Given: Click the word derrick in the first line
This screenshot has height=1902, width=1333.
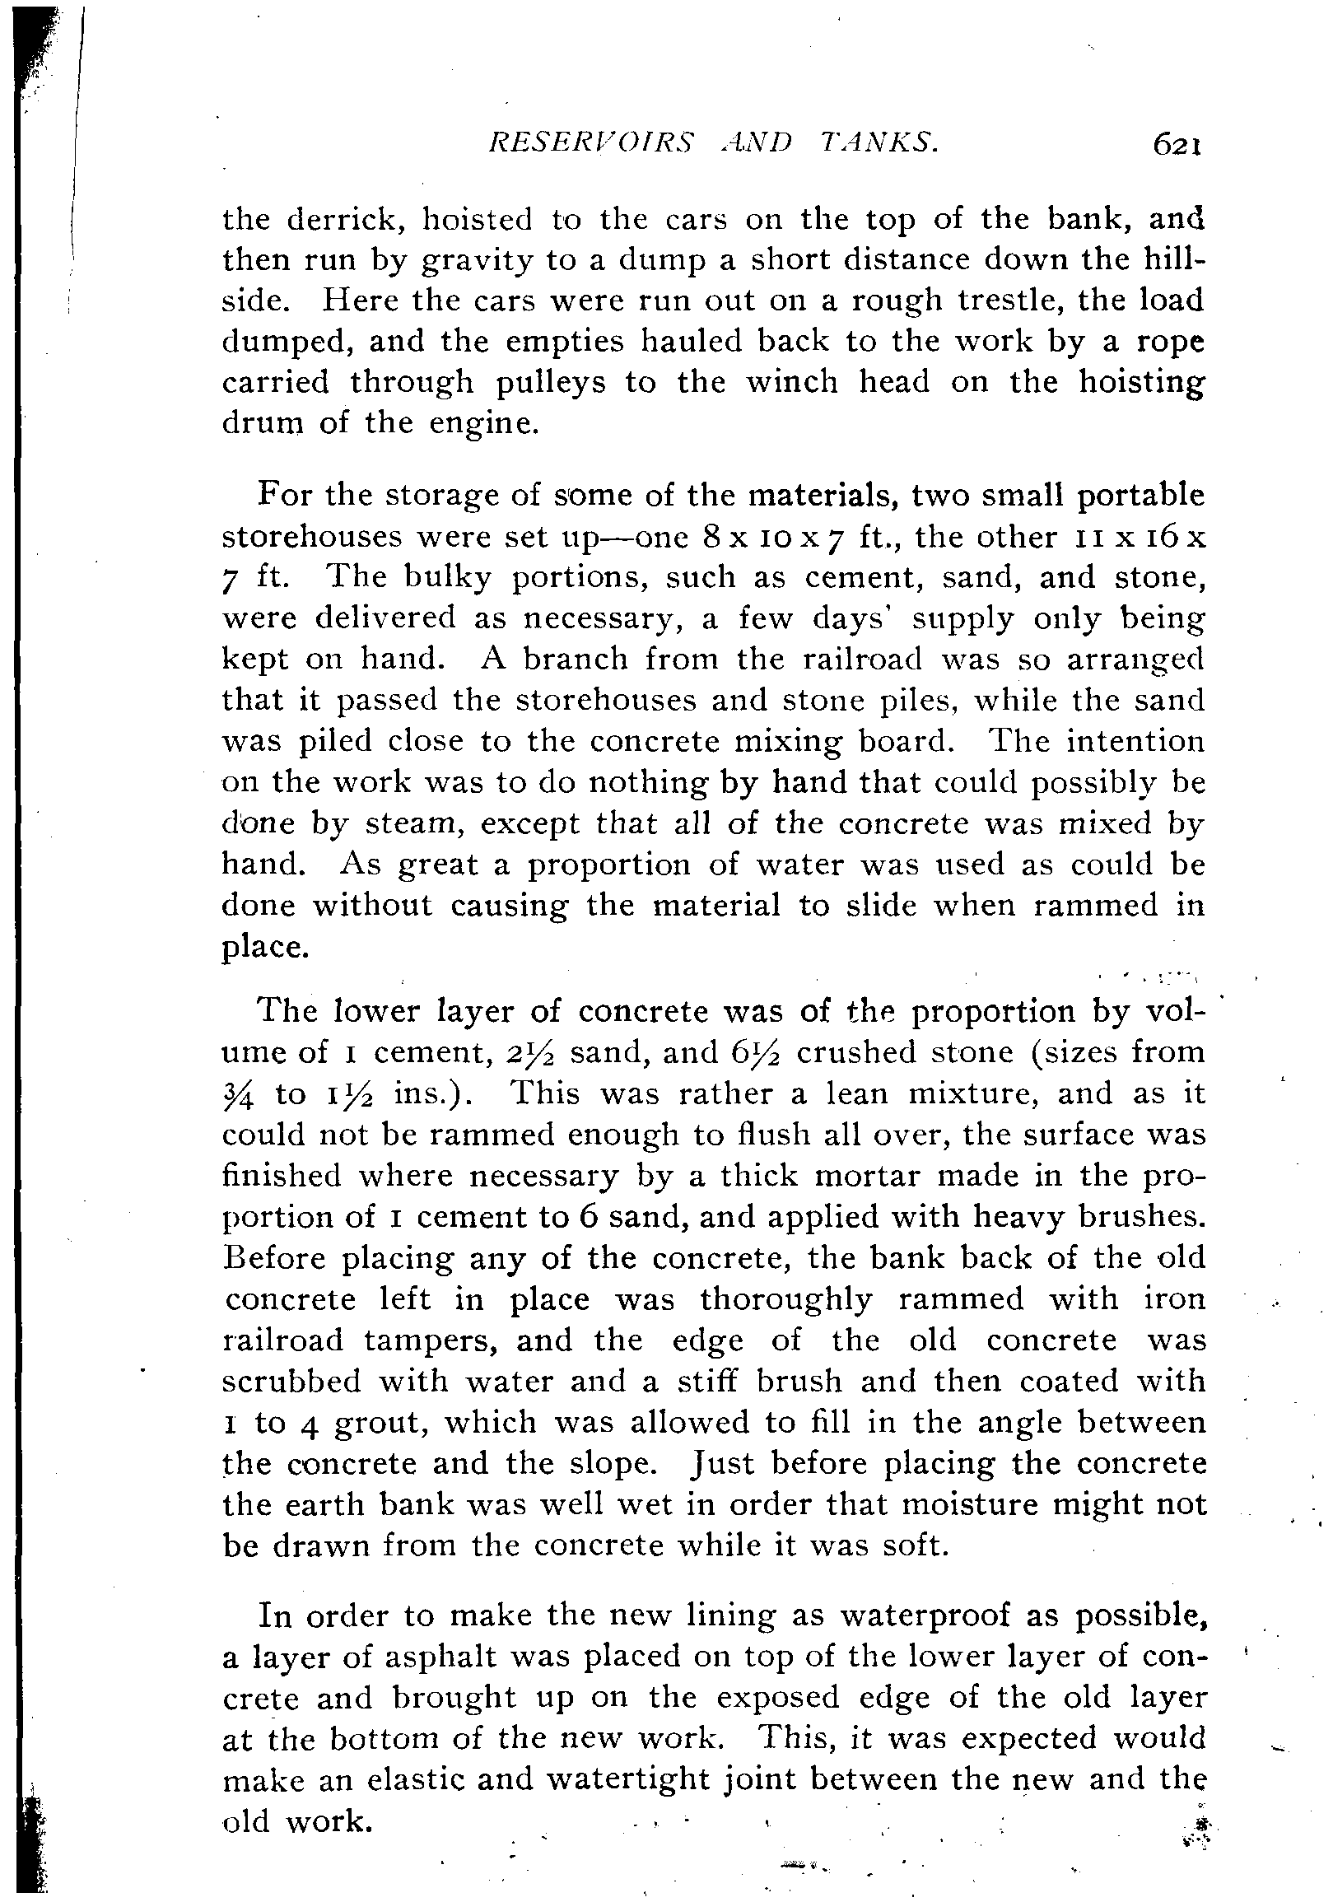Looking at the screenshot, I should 346,220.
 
